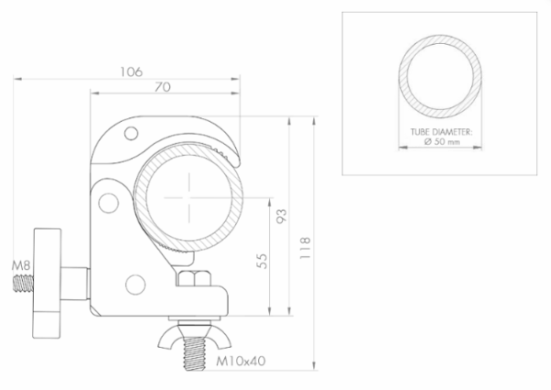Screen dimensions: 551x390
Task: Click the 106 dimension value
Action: coord(131,72)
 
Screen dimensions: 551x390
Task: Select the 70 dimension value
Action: coord(163,86)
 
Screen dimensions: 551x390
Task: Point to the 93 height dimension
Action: coord(282,216)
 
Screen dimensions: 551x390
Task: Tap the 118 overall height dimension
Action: coord(305,248)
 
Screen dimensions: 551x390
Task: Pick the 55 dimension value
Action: coord(262,261)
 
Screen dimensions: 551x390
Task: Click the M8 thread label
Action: coord(21,265)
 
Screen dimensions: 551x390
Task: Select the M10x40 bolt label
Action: coord(241,361)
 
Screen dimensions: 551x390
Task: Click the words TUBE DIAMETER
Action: coord(442,132)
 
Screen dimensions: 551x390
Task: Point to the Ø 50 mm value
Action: coord(442,141)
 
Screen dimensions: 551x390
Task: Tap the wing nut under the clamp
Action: coord(195,337)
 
